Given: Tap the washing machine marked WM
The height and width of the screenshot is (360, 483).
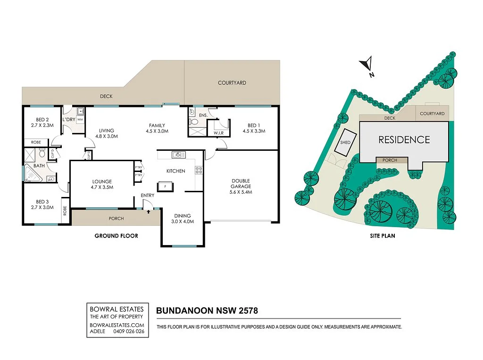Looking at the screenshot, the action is pos(80,119).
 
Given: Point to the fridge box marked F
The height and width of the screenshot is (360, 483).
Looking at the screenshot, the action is pos(166,187).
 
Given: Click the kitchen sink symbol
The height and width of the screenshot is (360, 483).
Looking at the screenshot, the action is pos(178,155).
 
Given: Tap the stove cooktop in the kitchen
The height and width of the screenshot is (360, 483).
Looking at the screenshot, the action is pos(199,170).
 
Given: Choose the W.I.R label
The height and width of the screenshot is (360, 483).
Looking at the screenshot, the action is pos(218,133).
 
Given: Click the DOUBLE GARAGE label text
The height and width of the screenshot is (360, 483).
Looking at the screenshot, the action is pos(241,183).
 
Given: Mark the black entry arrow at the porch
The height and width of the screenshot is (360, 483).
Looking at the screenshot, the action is pos(149,212).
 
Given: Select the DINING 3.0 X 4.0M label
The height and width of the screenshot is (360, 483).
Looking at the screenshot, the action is pos(183,219).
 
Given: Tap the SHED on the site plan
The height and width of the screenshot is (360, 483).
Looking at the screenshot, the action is pos(345,142).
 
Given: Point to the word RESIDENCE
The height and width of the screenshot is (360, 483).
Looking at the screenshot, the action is pos(404,140).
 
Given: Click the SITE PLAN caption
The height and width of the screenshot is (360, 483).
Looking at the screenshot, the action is pos(382,236).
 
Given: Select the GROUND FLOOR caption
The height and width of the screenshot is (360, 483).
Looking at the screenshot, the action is pos(116,236).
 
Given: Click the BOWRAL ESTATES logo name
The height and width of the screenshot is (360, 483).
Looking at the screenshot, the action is pos(117,309).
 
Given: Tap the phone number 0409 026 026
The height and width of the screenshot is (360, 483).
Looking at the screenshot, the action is pos(129,331).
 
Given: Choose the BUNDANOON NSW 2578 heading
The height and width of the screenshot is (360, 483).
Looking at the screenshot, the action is pos(207,311).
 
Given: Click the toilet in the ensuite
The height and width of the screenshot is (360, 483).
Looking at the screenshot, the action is pos(193,122).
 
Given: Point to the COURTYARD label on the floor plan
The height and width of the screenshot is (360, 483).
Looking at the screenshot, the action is pos(232,83).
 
